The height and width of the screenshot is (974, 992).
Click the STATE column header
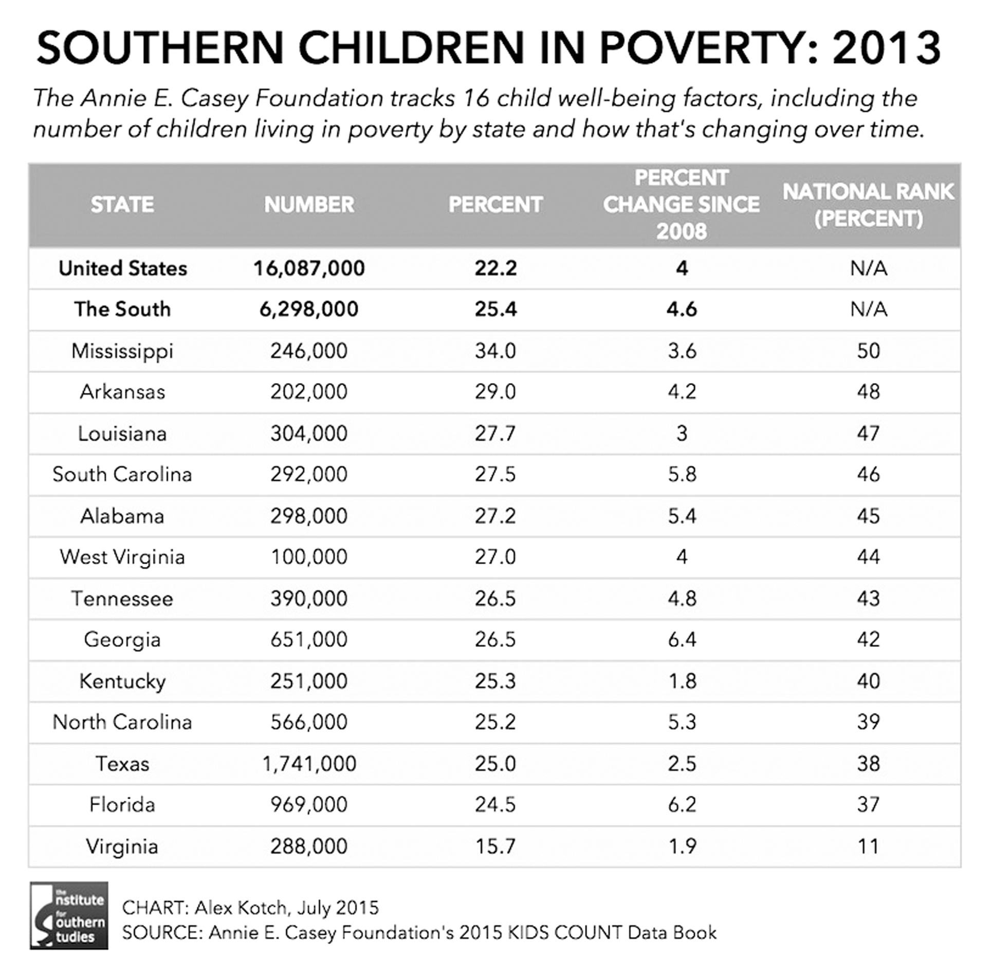coord(122,205)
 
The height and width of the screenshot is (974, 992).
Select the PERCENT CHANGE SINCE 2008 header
coord(681,205)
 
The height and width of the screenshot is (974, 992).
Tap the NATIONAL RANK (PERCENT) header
coord(868,205)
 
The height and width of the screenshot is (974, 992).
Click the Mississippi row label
coord(122,351)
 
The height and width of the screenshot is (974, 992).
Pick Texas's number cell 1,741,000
coord(309,764)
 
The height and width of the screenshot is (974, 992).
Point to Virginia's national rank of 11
coord(868,846)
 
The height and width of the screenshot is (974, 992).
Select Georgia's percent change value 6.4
coord(682,640)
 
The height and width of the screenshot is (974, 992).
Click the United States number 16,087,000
coord(309,268)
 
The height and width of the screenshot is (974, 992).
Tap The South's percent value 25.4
coord(495,310)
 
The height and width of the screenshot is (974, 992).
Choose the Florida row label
coord(122,805)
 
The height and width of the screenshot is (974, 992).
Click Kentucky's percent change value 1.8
coord(682,681)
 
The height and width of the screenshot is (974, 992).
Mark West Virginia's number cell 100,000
coord(309,557)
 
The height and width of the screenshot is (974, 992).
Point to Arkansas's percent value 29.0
coord(495,392)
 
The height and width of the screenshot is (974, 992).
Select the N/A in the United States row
coord(868,268)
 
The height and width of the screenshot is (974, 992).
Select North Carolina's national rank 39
coord(868,722)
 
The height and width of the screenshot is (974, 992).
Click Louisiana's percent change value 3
coord(682,434)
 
